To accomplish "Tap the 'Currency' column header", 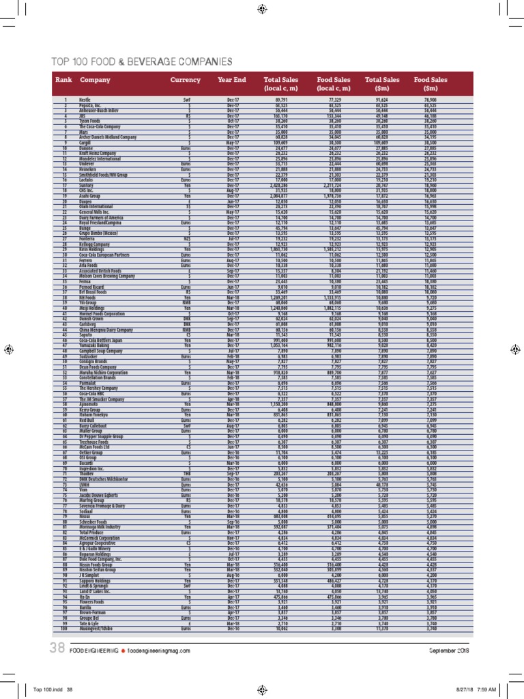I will point(185,80).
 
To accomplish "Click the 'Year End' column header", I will point(232,80).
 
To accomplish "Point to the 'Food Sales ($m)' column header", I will point(431,84).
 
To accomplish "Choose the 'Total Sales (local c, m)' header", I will point(282,84).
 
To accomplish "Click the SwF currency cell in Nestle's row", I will point(185,100).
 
